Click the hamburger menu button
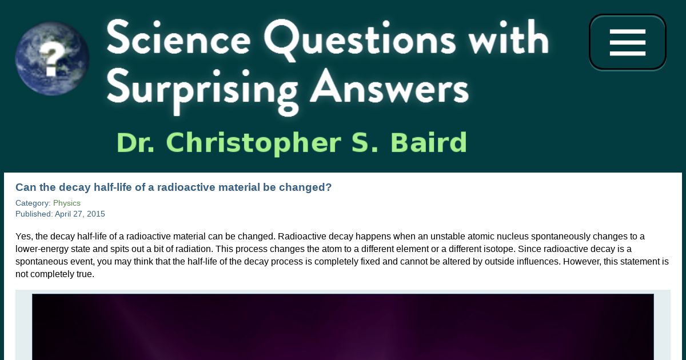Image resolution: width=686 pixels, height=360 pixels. point(628,42)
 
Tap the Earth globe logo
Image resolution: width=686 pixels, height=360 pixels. point(52,58)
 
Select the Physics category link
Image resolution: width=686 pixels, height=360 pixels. point(67,203)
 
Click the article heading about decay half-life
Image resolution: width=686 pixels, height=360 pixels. point(174,187)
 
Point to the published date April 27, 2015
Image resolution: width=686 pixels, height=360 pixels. point(80,214)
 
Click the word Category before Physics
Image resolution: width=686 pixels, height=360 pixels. point(32,203)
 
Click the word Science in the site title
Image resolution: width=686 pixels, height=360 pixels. point(179,39)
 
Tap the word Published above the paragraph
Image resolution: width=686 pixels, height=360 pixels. point(33,214)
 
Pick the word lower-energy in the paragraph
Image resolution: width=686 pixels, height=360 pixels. point(42,250)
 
